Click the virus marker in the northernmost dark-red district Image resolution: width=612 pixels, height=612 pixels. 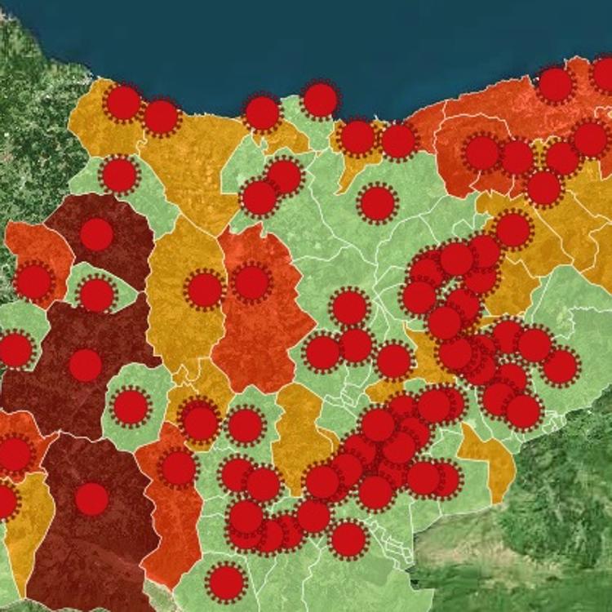click(x=96, y=235)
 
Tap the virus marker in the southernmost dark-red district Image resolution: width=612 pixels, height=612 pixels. click(x=91, y=499)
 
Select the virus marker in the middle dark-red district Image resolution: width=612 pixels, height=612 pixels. click(x=86, y=366)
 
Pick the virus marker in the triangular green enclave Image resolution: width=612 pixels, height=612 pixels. click(x=97, y=295)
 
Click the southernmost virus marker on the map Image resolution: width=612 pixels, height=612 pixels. click(x=227, y=582)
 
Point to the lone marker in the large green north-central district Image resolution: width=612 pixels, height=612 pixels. click(x=377, y=203)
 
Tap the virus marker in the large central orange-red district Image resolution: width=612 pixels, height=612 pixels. click(x=251, y=282)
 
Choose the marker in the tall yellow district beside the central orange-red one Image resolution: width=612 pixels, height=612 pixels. click(x=205, y=290)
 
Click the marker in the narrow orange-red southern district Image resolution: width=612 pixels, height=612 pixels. click(x=179, y=468)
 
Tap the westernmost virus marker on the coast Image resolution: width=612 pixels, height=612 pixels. click(x=124, y=103)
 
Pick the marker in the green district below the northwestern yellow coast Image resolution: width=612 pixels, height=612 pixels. click(x=119, y=175)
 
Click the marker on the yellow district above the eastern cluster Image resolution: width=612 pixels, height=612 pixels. click(x=512, y=230)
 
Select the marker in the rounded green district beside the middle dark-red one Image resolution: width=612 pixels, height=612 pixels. click(x=131, y=406)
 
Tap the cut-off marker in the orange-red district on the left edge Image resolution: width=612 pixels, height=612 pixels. click(x=14, y=455)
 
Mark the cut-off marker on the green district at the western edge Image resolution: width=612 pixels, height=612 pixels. click(x=15, y=350)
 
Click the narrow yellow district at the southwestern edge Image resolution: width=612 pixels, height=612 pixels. click(x=24, y=530)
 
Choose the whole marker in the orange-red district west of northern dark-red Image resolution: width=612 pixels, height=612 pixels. click(x=34, y=282)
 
